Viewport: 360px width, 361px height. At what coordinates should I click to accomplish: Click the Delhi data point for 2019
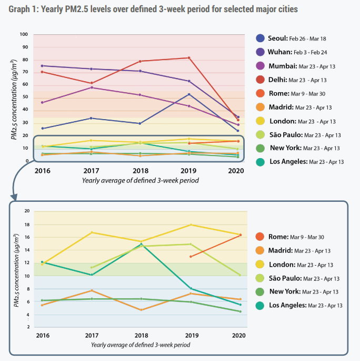pos(189,58)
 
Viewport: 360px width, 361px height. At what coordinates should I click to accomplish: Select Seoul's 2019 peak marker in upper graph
pos(189,94)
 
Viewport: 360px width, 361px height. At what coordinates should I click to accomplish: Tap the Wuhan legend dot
pos(260,52)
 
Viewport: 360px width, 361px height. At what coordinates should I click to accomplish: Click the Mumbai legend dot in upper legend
pos(260,66)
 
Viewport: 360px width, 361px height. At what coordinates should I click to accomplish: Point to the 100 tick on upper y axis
pos(24,35)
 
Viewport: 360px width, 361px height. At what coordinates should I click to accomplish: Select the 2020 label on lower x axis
pos(239,335)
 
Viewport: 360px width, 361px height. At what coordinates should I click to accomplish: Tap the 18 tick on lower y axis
pos(27,225)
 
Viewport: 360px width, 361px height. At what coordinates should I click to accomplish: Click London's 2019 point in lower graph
pos(190,225)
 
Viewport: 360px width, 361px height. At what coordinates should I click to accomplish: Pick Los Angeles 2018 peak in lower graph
pos(141,244)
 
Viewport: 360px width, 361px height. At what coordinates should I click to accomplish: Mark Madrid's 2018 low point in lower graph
pos(141,310)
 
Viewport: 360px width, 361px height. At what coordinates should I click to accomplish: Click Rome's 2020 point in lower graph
pos(240,235)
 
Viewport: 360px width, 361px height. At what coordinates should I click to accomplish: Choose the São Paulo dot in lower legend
pos(260,278)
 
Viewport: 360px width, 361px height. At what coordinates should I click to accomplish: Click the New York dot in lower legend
pos(260,291)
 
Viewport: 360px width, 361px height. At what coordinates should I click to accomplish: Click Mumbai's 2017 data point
pos(91,87)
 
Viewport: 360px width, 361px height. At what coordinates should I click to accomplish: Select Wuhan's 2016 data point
pos(42,66)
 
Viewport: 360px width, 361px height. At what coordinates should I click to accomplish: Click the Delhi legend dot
pos(260,80)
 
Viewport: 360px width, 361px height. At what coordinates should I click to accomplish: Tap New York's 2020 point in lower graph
pos(240,311)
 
